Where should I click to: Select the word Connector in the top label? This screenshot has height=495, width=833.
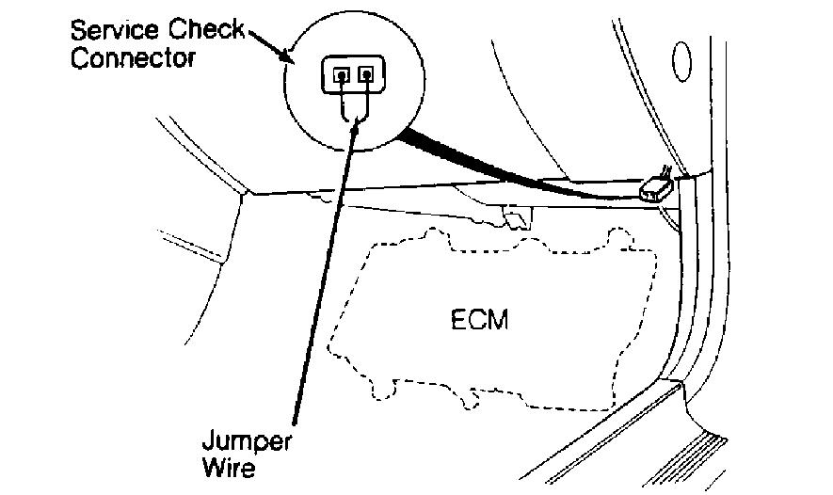coord(133,57)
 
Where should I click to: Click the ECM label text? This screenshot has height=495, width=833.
coord(478,320)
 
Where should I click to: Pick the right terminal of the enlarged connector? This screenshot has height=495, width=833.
coord(368,73)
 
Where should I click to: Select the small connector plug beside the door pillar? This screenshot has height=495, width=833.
coord(654,191)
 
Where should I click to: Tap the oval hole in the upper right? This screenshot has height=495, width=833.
coord(682,61)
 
